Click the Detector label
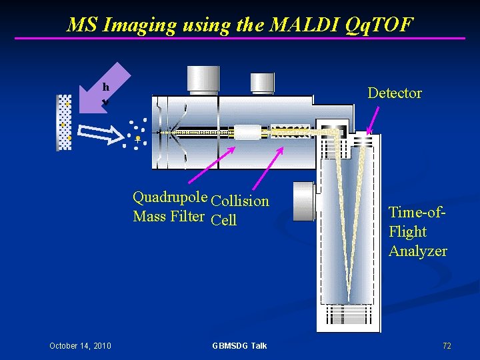point(395,93)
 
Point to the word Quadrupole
point(170,197)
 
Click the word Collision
point(240,201)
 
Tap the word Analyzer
point(418,251)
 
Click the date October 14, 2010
point(80,345)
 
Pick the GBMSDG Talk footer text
point(239,345)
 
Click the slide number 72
point(447,345)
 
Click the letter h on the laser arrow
point(105,87)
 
